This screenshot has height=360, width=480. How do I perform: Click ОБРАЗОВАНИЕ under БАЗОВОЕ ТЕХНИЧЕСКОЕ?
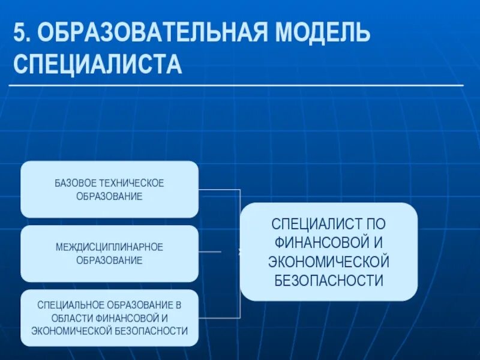tap(109, 197)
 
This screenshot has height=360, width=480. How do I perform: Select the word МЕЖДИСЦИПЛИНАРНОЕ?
tap(109, 247)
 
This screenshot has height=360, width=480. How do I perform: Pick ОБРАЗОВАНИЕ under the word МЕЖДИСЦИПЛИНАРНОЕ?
tap(109, 261)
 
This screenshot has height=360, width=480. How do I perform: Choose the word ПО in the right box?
tap(375, 224)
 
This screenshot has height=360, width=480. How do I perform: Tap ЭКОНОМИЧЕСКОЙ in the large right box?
tap(329, 262)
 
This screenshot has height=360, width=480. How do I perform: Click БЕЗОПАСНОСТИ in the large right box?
tap(329, 280)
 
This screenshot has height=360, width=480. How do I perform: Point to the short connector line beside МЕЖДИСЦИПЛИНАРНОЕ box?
tap(209, 252)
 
